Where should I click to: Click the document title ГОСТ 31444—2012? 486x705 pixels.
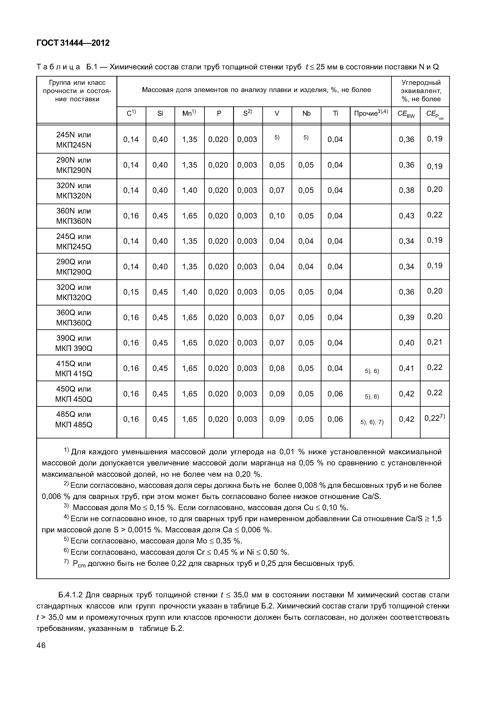73,43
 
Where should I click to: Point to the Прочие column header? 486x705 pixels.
371,113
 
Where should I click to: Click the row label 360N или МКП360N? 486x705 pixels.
74,216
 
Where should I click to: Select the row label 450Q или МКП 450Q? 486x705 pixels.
74,394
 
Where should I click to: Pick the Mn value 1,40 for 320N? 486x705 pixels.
190,190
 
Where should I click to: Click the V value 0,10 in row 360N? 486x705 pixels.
277,216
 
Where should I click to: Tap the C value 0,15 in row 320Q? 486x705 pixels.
131,292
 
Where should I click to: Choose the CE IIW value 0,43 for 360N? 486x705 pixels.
407,216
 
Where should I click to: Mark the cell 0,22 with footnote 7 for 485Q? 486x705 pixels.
435,418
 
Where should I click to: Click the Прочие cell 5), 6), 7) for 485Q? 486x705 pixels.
372,422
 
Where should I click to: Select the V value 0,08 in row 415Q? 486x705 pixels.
277,368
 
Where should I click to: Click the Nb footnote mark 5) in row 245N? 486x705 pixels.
306,138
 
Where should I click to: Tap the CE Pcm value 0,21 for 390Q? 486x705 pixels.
435,342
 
